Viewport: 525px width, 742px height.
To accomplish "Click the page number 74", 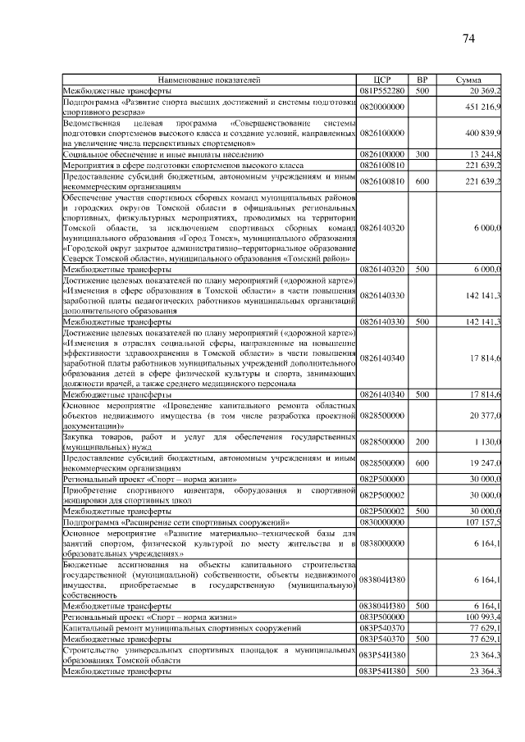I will click(x=469, y=38).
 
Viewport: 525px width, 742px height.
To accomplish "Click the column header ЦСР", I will click(x=381, y=80).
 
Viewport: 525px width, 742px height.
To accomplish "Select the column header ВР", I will click(x=422, y=80).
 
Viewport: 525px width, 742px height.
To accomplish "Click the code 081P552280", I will click(x=381, y=90).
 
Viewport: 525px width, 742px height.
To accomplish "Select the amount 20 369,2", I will click(x=486, y=90).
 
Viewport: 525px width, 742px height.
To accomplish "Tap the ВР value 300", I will click(x=422, y=153).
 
